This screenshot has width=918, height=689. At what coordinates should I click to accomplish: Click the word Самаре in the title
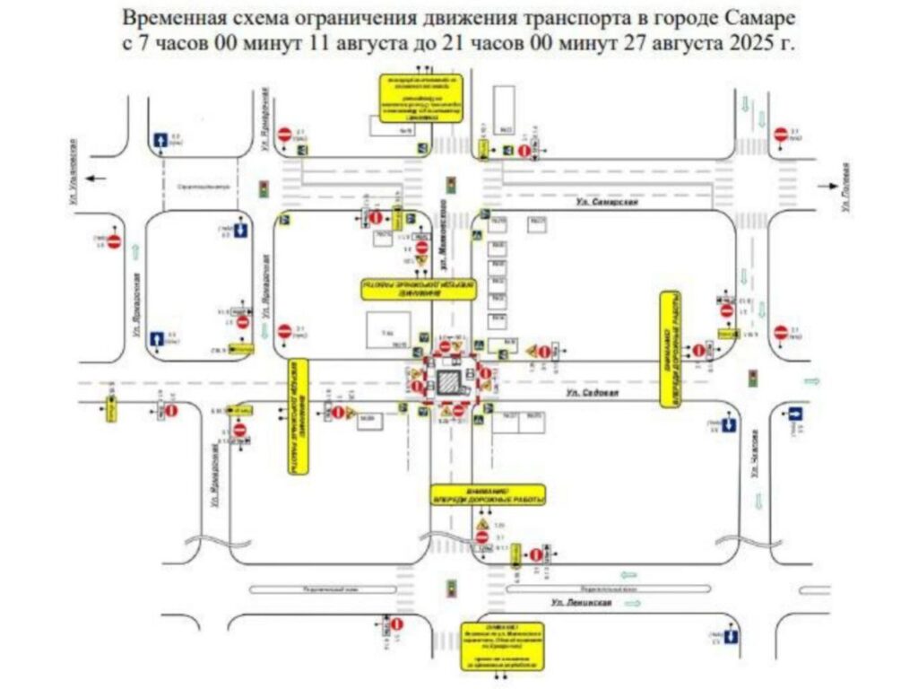[x=747, y=19]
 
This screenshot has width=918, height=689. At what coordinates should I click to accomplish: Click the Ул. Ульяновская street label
[x=73, y=175]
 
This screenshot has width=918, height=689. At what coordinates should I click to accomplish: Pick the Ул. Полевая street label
[x=847, y=187]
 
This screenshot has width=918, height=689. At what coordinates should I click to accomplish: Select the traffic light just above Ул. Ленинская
[x=452, y=588]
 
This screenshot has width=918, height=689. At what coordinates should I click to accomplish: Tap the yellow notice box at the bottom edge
[x=504, y=645]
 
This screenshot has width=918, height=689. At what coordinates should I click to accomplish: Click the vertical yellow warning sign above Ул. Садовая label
[x=671, y=349]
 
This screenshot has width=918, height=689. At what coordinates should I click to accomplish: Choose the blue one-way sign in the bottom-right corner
[x=732, y=636]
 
